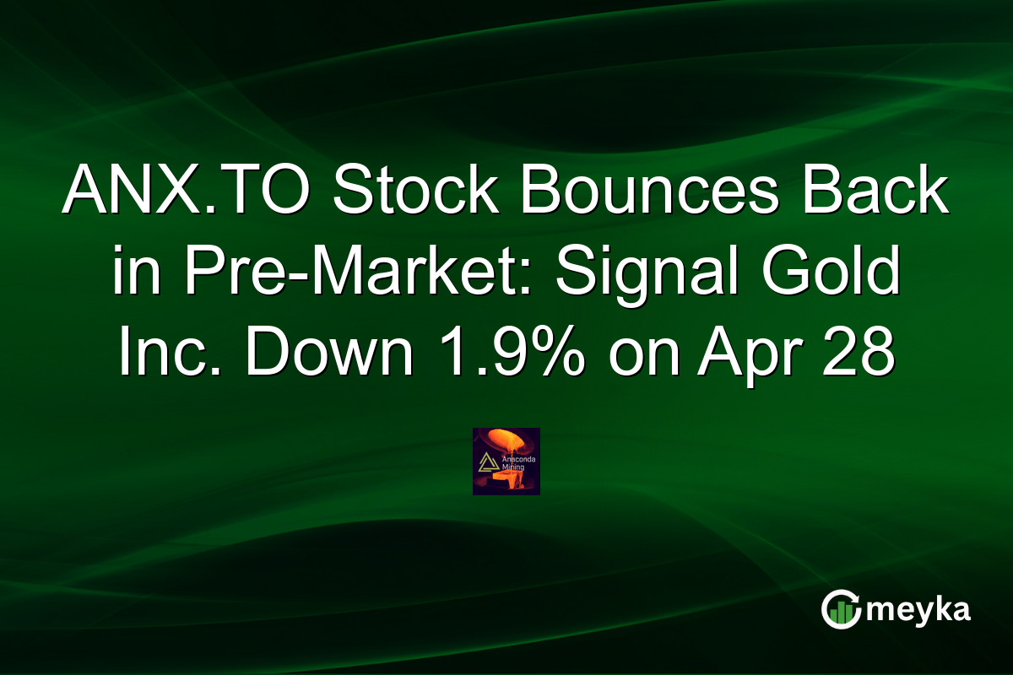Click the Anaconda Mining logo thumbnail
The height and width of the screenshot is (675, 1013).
[x=506, y=461]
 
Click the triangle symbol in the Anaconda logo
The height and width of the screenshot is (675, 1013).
[x=487, y=462]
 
